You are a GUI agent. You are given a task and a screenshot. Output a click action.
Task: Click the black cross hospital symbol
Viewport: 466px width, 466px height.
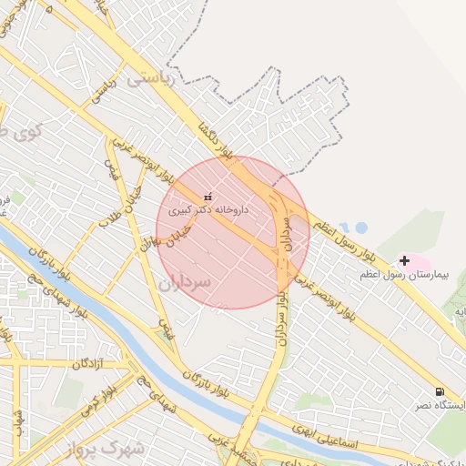404,261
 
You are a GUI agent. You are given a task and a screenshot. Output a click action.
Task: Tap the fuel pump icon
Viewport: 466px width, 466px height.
441,390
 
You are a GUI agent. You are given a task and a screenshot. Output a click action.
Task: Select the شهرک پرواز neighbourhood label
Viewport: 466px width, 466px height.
106,447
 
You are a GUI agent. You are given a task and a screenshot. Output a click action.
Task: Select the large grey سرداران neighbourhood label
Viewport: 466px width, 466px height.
184,283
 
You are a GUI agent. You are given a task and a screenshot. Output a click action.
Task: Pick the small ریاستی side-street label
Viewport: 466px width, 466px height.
100,92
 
